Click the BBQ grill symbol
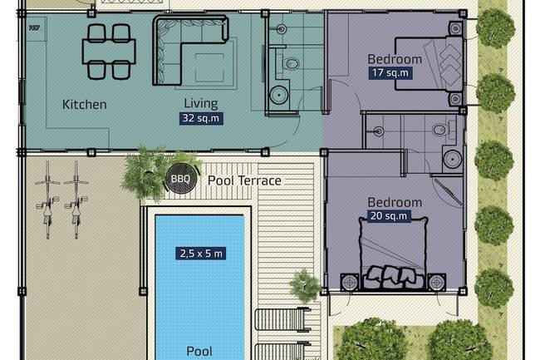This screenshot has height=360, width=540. point(181,179)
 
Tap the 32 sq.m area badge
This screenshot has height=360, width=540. point(201,118)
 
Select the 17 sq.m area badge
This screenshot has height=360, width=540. point(390,73)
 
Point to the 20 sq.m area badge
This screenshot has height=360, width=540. point(389,216)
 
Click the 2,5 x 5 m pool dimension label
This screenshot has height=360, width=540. point(201,254)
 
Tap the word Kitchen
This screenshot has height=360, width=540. point(85,105)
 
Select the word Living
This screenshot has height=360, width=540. point(201,103)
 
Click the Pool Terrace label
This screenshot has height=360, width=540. point(244,180)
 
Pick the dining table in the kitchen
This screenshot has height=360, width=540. point(109,52)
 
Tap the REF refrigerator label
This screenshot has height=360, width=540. point(34,27)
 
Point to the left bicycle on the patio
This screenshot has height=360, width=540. point(47,200)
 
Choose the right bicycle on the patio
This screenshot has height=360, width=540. point(76,200)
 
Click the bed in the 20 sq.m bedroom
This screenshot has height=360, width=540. point(393,254)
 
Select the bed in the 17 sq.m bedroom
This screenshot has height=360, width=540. point(429,63)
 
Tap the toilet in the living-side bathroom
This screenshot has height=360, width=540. point(292,63)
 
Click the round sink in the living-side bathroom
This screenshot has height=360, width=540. point(278,95)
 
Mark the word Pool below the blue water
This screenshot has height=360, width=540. point(199,351)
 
